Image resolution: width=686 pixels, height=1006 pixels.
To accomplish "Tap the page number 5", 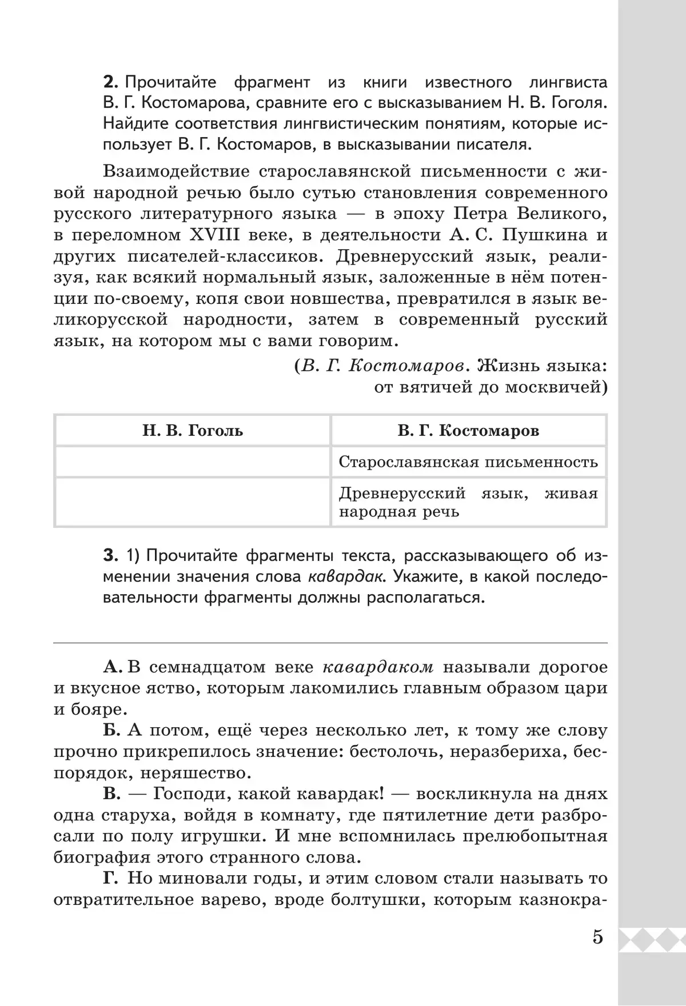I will point(597,938).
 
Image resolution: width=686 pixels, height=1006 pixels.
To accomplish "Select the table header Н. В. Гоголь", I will point(193,430).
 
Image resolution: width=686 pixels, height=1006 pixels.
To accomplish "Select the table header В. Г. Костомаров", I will point(468,430).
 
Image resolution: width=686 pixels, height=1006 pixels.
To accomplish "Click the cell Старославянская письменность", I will point(468,462).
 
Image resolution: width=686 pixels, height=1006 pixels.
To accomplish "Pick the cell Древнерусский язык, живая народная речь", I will point(468,502).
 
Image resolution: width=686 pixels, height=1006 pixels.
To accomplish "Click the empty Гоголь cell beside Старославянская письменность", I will point(193,462).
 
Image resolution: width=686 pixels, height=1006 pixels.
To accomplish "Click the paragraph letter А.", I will point(110,667).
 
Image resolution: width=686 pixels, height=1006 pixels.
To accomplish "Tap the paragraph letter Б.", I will point(111,731).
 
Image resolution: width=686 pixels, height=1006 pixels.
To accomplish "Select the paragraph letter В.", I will point(111,794).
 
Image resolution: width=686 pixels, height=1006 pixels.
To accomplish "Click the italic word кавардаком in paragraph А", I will point(378,667).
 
